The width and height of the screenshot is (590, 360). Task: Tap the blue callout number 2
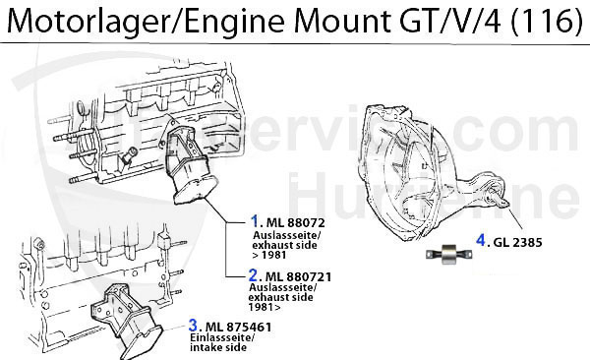254,276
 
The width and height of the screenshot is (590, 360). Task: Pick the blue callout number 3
195,325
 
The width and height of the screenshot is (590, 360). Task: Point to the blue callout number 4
481,239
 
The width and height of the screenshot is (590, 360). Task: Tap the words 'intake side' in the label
222,347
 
